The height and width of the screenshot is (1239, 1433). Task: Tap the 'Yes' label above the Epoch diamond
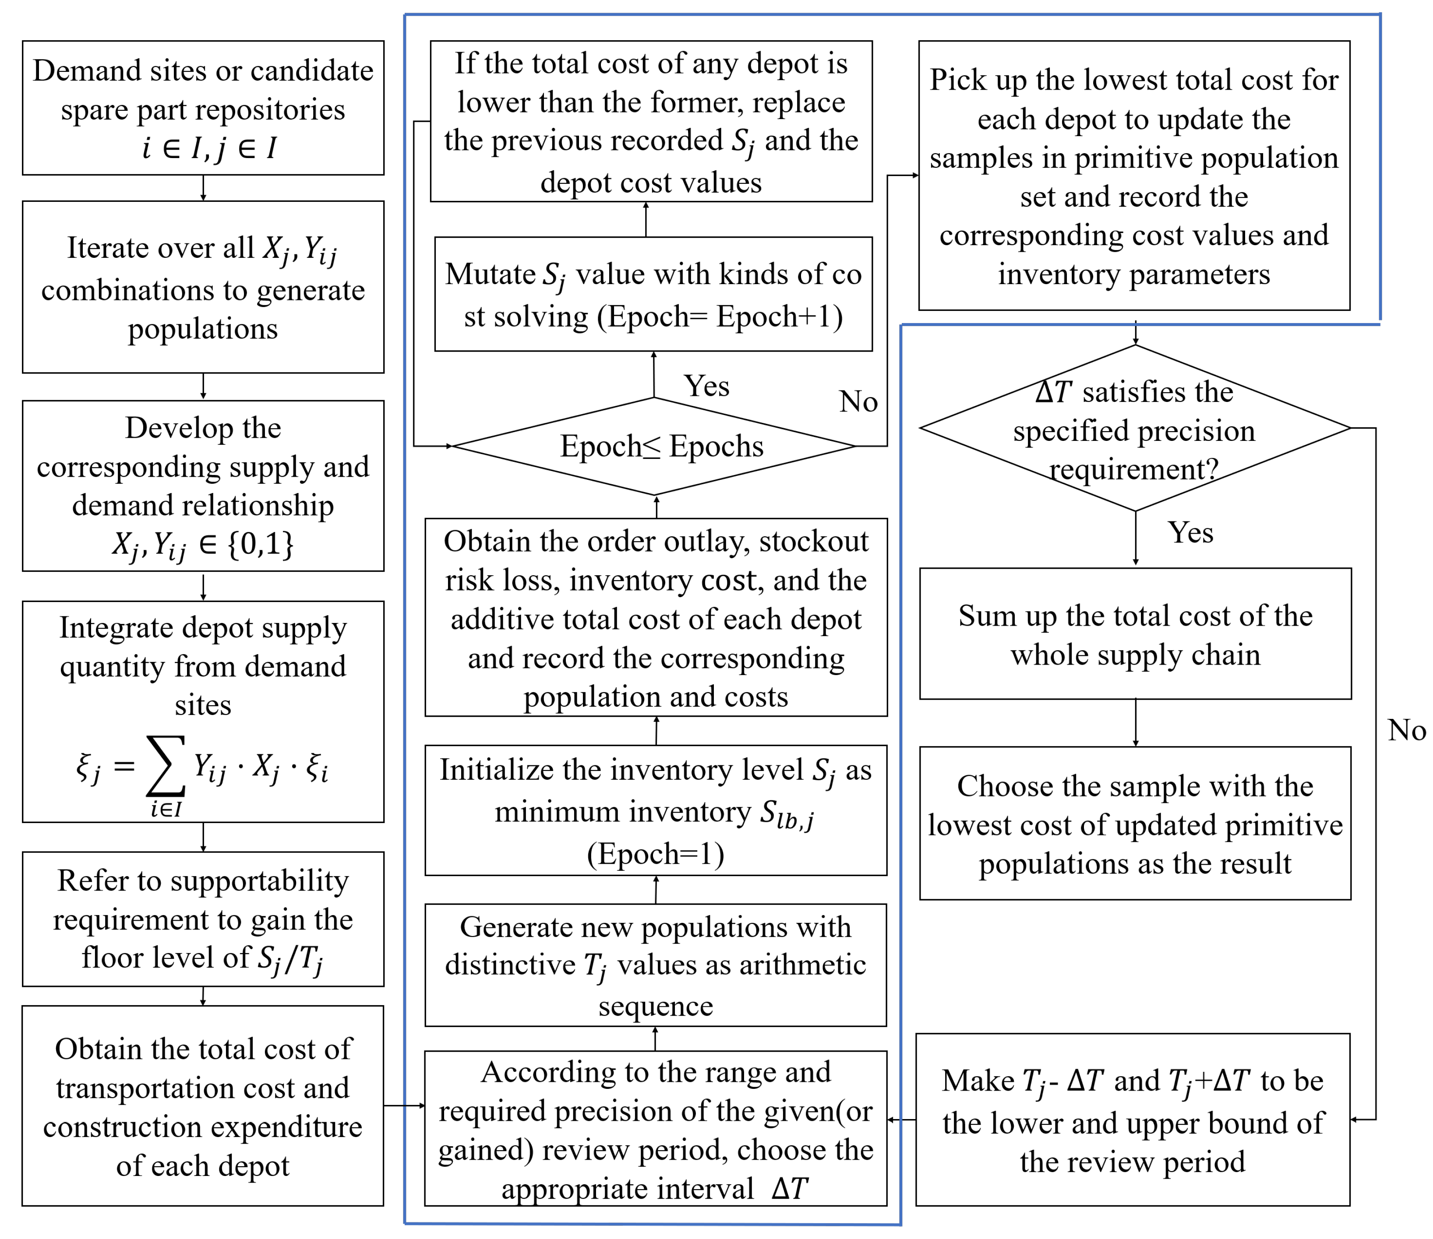(x=706, y=386)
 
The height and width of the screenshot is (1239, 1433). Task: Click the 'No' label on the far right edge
(x=1406, y=730)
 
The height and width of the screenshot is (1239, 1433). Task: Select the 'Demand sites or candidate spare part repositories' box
(x=203, y=108)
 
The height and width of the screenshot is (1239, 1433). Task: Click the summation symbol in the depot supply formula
(x=166, y=766)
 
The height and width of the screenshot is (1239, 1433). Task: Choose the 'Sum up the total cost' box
(x=1135, y=634)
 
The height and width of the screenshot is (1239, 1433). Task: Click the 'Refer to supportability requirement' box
(x=203, y=919)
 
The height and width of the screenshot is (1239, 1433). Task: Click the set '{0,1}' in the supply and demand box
(x=261, y=544)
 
